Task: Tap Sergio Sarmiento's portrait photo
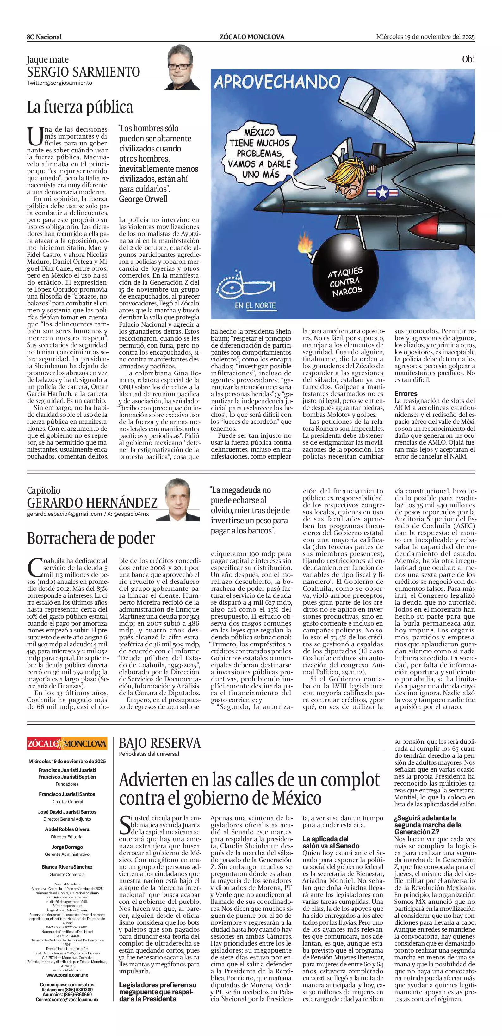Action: (183, 67)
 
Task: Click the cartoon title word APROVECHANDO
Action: (277, 83)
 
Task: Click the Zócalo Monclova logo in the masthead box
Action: (67, 743)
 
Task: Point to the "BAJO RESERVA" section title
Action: (159, 743)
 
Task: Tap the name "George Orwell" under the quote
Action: (143, 199)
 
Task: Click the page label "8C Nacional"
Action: (44, 37)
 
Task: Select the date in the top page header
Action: (425, 37)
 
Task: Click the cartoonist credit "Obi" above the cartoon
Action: (468, 59)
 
